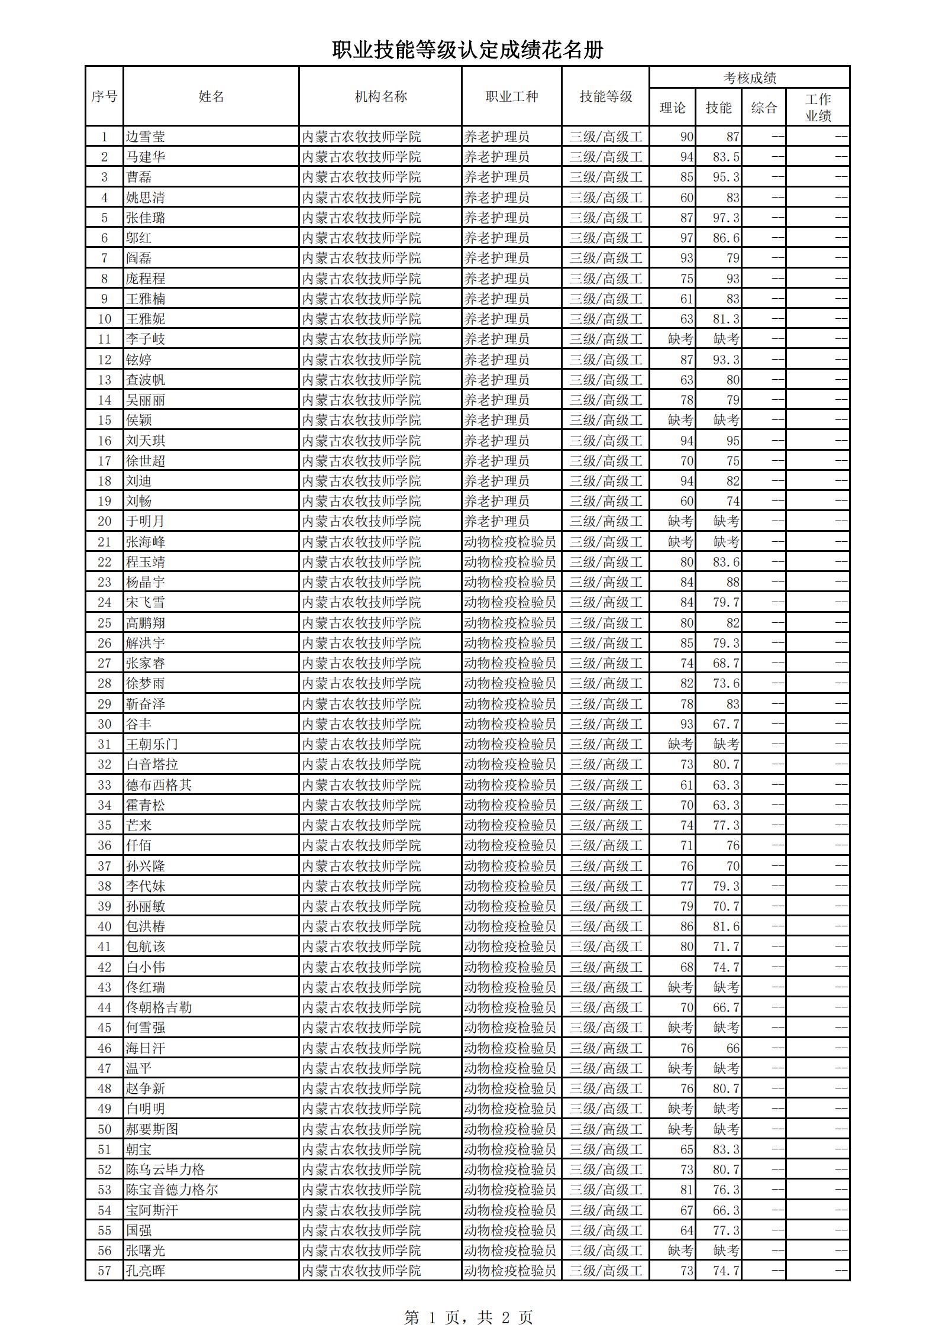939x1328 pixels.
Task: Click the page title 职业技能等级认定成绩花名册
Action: (x=467, y=50)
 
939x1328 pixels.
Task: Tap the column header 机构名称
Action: (x=380, y=96)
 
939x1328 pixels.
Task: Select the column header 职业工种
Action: (x=512, y=96)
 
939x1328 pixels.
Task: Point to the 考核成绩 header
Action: (x=749, y=77)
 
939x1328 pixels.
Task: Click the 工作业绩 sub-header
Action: (x=818, y=108)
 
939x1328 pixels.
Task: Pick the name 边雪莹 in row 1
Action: (x=146, y=137)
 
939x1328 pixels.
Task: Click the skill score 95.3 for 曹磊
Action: (x=725, y=177)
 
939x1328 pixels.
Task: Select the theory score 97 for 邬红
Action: (x=686, y=238)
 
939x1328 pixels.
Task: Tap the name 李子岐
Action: (x=146, y=339)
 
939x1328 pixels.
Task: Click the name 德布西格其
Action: (x=159, y=785)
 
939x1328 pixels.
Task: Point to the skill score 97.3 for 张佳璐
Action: (x=725, y=218)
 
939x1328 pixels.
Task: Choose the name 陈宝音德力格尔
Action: (x=172, y=1190)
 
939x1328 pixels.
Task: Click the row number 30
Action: (x=105, y=724)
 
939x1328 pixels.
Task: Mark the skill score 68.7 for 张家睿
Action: (x=725, y=663)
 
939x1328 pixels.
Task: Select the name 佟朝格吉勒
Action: (x=159, y=1007)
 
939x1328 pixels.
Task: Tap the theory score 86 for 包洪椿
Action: (x=686, y=926)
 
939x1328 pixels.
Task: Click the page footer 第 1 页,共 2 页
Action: (x=468, y=1300)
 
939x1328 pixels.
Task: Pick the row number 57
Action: (x=105, y=1271)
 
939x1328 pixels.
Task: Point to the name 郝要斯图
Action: (x=152, y=1129)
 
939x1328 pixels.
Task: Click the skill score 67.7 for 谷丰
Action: (x=725, y=724)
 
